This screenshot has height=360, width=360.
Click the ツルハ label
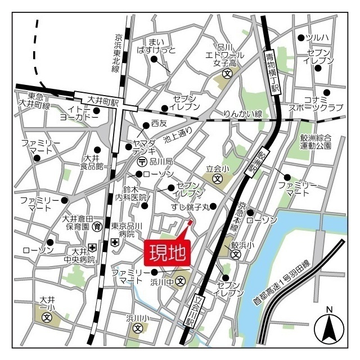317,38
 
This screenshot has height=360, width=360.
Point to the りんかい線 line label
243,114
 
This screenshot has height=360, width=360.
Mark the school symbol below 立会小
217,179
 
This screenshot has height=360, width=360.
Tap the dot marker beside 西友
138,124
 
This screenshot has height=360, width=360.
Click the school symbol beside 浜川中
181,281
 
